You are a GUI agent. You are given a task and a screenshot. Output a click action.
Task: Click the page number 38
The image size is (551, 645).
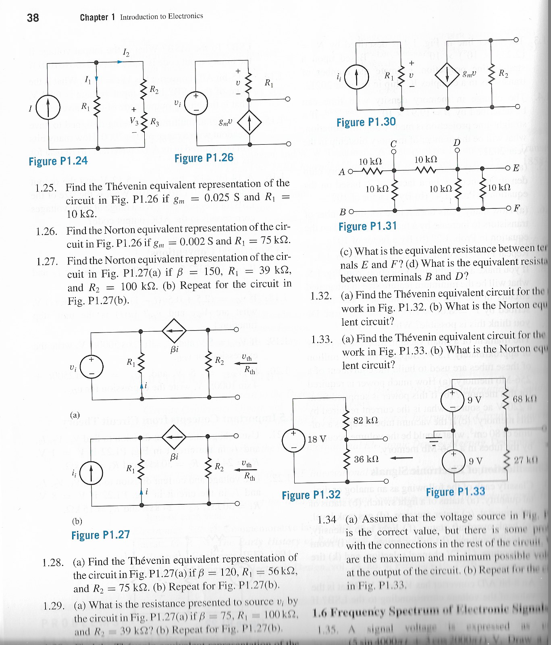(33, 18)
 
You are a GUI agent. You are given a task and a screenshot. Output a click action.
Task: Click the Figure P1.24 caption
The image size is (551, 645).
(58, 161)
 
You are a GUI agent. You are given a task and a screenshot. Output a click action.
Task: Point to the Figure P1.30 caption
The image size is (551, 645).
(366, 122)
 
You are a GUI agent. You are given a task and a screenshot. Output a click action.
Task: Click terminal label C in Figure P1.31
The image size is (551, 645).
(393, 144)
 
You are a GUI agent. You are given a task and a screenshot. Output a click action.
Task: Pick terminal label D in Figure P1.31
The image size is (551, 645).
(457, 143)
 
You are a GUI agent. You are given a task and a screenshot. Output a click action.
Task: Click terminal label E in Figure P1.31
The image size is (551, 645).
(516, 168)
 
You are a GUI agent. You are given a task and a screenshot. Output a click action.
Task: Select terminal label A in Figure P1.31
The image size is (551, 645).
(341, 172)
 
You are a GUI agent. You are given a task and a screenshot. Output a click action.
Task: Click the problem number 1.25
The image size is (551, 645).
(46, 188)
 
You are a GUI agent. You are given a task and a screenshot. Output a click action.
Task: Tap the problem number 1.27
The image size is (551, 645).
(47, 262)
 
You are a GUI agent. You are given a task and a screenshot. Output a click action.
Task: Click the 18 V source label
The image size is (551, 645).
(317, 439)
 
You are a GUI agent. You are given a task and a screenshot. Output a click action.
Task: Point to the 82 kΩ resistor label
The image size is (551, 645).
(365, 420)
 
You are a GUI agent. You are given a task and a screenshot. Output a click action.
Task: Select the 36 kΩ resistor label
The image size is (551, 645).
(366, 459)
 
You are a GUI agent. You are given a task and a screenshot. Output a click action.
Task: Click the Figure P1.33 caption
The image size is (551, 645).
(455, 492)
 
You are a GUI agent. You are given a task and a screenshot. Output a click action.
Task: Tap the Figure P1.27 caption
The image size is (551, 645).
(100, 535)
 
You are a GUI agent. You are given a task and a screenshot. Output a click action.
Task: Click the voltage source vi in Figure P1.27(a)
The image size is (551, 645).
(91, 367)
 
